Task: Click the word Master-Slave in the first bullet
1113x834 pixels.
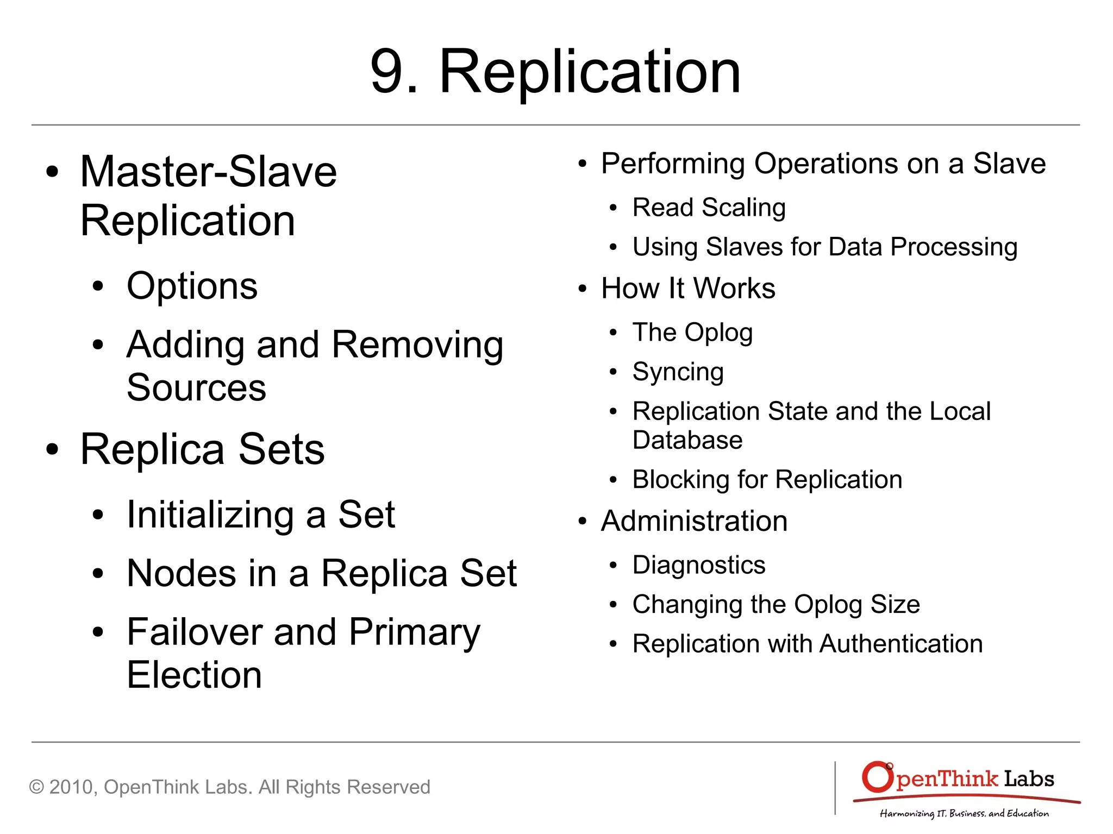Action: pyautogui.click(x=209, y=172)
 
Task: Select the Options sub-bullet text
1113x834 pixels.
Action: pyautogui.click(x=192, y=286)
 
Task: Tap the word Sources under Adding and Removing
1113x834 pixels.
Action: pyautogui.click(x=196, y=388)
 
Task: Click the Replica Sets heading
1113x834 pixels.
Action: pyautogui.click(x=202, y=450)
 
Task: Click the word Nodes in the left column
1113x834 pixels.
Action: pyautogui.click(x=181, y=574)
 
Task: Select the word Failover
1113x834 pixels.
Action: pyautogui.click(x=194, y=632)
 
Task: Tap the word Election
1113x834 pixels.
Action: pyautogui.click(x=194, y=675)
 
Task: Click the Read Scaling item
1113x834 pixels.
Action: pyautogui.click(x=709, y=208)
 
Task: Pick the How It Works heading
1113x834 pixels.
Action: pyautogui.click(x=688, y=289)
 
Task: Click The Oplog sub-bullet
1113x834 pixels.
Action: pyautogui.click(x=692, y=333)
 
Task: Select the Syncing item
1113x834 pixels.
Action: pyautogui.click(x=678, y=372)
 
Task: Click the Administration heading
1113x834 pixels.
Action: pyautogui.click(x=694, y=522)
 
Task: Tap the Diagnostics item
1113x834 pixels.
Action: pyautogui.click(x=699, y=565)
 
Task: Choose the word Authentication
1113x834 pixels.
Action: pyautogui.click(x=901, y=644)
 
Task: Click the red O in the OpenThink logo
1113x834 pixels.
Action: pyautogui.click(x=877, y=777)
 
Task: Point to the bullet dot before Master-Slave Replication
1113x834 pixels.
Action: pyautogui.click(x=52, y=172)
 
